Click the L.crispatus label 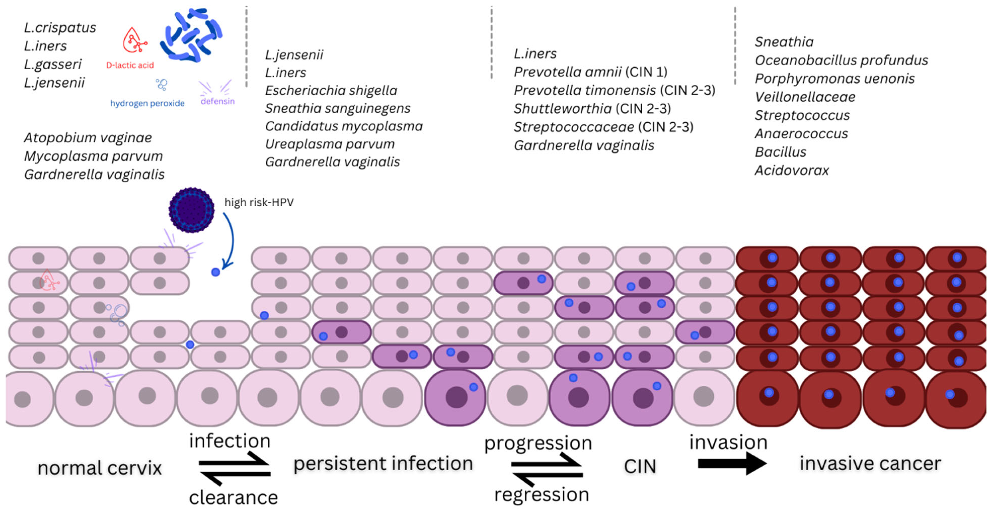60,28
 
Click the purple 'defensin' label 218,101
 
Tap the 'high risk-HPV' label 259,202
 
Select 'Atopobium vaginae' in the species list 88,137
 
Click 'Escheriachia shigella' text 331,91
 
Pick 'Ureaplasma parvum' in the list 330,144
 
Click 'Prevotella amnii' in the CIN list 567,72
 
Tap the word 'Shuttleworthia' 563,109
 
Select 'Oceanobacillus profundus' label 841,60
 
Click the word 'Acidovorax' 791,170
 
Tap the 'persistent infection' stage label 383,463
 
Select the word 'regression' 541,494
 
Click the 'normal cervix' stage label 100,468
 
